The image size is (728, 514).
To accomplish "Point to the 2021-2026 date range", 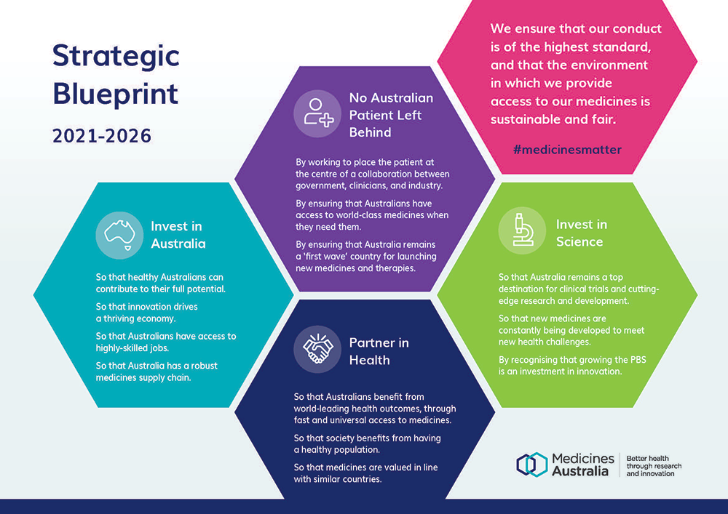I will click(x=102, y=136).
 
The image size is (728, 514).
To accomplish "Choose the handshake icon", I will click(x=317, y=351).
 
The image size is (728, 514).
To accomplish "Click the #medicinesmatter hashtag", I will click(x=567, y=150).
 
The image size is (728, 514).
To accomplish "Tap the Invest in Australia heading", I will click(x=178, y=235).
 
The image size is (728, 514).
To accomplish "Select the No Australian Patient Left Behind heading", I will click(x=391, y=114).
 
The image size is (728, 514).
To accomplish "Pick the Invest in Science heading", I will click(x=581, y=233).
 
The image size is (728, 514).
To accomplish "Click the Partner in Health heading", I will click(x=379, y=351).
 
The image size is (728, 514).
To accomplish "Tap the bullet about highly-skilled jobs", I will click(x=166, y=341).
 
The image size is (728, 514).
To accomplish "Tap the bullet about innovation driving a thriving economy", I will click(x=147, y=312).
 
